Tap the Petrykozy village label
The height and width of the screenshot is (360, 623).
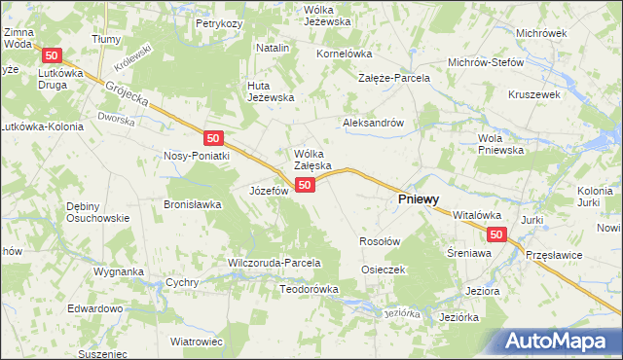pyautogui.click(x=218, y=22)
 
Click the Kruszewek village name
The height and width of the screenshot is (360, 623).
pyautogui.click(x=533, y=95)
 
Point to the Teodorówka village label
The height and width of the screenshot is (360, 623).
pyautogui.click(x=309, y=289)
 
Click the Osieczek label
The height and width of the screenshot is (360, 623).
pyautogui.click(x=383, y=269)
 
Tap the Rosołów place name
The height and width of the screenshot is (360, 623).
pyautogui.click(x=380, y=240)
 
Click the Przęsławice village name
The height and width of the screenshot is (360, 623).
pyautogui.click(x=554, y=253)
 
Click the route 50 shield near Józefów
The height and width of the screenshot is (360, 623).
pyautogui.click(x=306, y=185)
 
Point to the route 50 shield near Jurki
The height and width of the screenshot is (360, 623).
pyautogui.click(x=496, y=234)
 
